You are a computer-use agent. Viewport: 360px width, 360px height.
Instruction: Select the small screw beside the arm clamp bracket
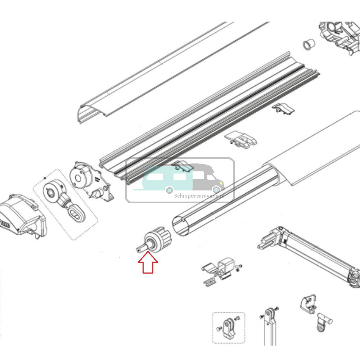[x=239, y=266]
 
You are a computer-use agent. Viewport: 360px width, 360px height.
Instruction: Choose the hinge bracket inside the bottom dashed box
[x=228, y=328]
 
